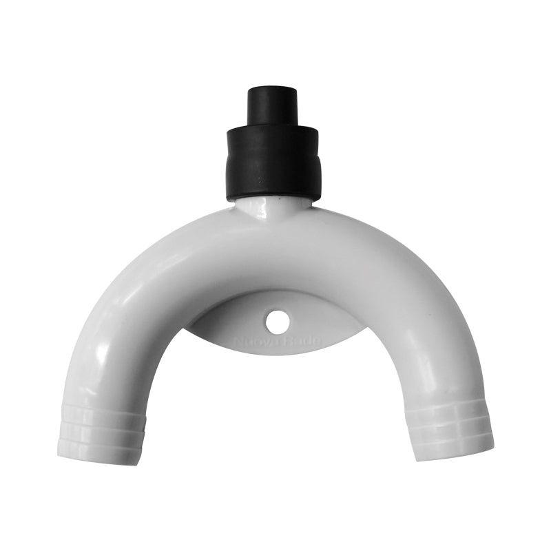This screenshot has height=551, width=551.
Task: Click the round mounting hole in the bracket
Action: pos(278,321)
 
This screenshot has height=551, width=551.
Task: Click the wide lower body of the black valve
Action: pos(273,165)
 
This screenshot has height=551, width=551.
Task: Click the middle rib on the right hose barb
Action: pos(451,430)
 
